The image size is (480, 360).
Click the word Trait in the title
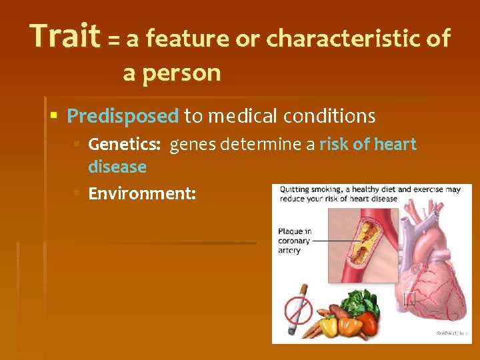[65, 37]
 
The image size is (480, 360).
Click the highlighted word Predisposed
[123, 117]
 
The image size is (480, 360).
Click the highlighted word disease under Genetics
[117, 167]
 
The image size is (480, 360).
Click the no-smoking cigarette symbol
[299, 309]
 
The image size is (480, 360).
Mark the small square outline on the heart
[409, 298]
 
